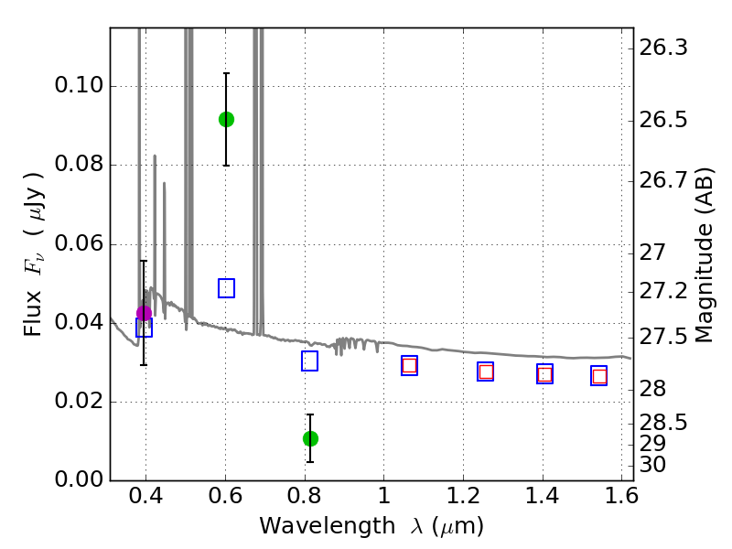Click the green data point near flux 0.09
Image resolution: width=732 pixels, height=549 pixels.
pos(226,119)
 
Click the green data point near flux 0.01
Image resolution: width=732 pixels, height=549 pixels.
pos(310,438)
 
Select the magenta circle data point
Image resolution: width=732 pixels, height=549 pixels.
pos(144,313)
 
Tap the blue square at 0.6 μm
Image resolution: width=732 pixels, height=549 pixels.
pos(226,288)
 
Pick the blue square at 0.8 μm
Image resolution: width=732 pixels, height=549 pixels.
pos(309,361)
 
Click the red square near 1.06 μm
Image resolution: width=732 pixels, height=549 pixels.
pos(409,365)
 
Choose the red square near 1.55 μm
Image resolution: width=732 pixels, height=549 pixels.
pos(599,376)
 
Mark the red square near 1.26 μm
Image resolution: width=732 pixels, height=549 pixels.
pos(486,371)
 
